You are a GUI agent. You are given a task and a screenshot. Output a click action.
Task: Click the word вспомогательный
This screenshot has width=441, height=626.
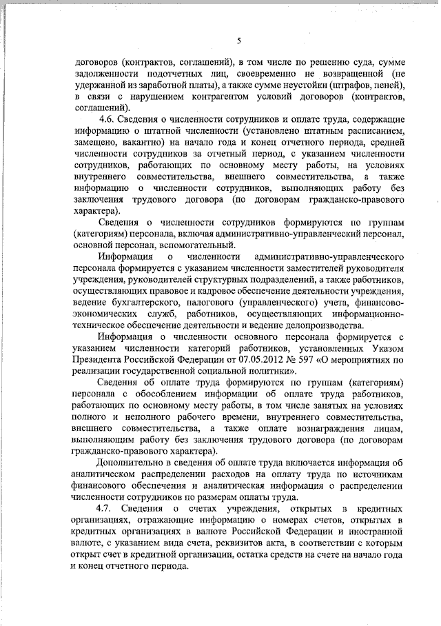click(x=205, y=245)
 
